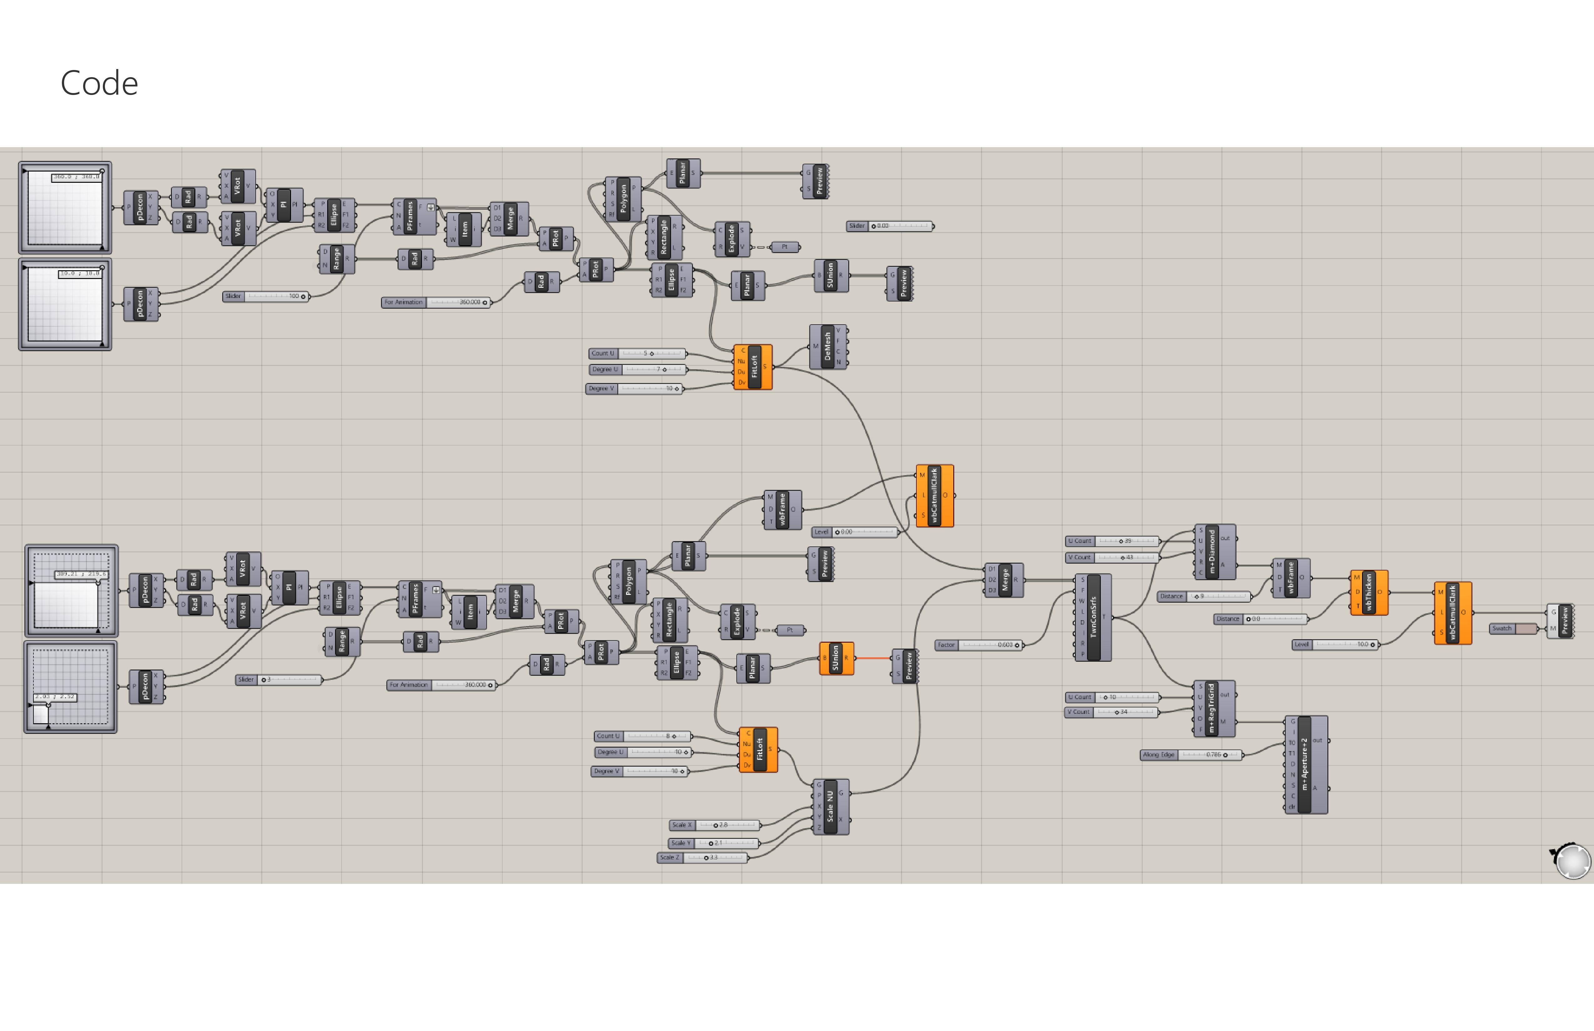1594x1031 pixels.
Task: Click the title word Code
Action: pyautogui.click(x=99, y=84)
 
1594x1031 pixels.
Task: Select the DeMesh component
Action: pyautogui.click(x=828, y=347)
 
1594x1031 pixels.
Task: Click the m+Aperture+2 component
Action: pyautogui.click(x=1305, y=765)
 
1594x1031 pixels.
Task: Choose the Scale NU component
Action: pyautogui.click(x=830, y=807)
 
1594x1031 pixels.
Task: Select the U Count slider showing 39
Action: pyautogui.click(x=1112, y=541)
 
